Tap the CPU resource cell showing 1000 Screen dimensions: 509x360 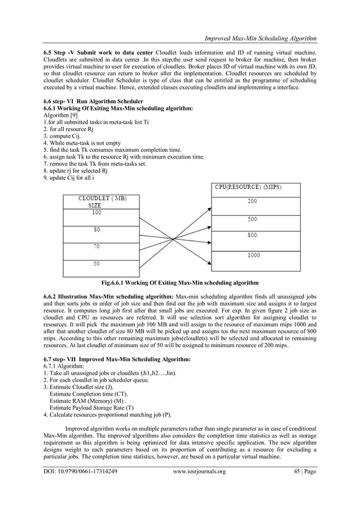click(x=253, y=255)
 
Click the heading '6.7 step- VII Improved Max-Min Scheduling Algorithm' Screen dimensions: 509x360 click(x=117, y=359)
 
